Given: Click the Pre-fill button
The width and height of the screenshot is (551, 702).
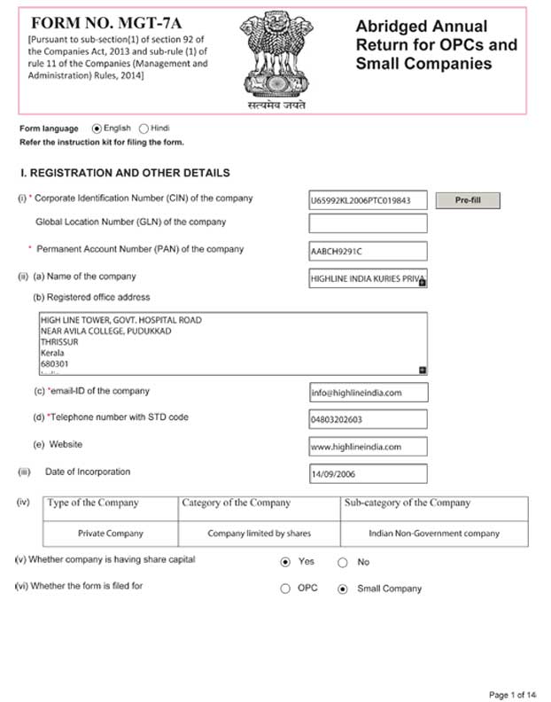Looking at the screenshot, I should (468, 200).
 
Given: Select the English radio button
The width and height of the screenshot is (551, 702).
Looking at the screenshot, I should (97, 129).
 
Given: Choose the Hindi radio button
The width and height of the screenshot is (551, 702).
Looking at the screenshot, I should (144, 129).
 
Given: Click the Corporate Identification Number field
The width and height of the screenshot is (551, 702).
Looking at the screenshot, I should (368, 200).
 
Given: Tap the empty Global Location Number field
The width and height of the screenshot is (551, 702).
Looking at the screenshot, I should (368, 223).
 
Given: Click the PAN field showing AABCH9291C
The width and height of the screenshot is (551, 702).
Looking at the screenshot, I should (368, 251).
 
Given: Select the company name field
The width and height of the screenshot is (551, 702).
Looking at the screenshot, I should (368, 278).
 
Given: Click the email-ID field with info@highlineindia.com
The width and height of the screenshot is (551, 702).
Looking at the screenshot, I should (368, 393).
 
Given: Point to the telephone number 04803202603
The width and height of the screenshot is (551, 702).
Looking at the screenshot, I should (368, 419).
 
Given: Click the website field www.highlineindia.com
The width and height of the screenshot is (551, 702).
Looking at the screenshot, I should (368, 447).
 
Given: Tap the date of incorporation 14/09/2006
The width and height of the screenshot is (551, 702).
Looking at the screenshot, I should (368, 474).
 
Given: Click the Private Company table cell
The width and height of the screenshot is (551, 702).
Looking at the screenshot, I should (111, 534).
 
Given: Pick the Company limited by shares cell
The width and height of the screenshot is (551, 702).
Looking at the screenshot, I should (260, 534).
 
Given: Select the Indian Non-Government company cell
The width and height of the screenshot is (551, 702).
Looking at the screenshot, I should (434, 534).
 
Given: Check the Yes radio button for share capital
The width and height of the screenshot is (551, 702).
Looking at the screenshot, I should (285, 562).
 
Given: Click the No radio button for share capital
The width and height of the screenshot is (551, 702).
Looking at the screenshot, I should (343, 562).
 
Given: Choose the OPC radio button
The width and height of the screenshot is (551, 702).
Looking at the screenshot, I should (285, 589).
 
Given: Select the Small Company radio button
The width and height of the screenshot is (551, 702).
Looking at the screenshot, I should (343, 589).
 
